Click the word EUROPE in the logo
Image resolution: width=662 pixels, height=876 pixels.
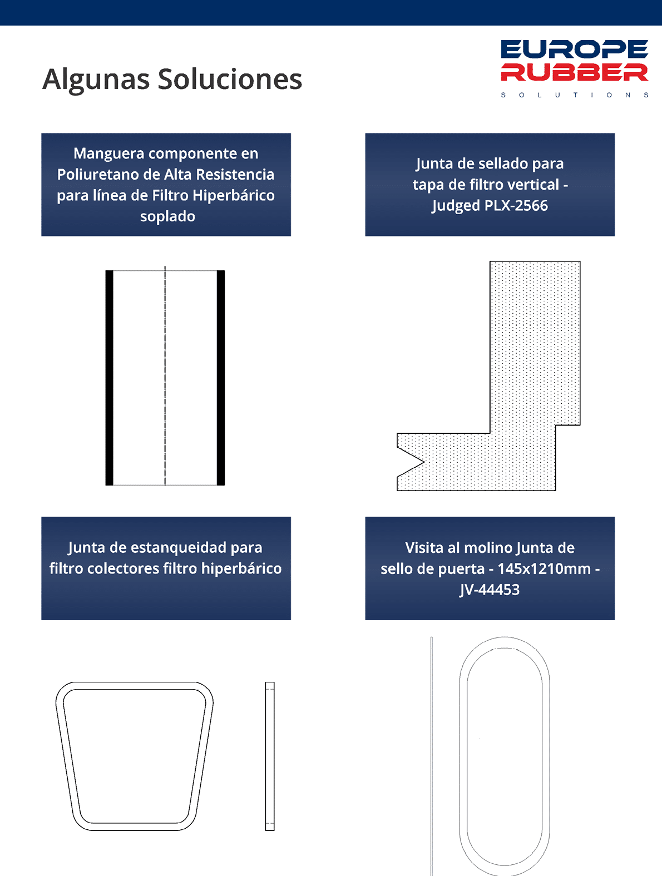pyautogui.click(x=574, y=50)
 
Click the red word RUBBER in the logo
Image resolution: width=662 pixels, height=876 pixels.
pyautogui.click(x=574, y=72)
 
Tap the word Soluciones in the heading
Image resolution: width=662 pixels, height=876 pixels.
pyautogui.click(x=230, y=79)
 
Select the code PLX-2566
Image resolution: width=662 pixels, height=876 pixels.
pyautogui.click(x=516, y=206)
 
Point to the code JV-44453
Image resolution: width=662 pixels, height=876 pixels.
pyautogui.click(x=490, y=590)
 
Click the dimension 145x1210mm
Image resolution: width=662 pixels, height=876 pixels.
pyautogui.click(x=544, y=568)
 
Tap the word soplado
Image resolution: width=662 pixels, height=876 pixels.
pyautogui.click(x=167, y=217)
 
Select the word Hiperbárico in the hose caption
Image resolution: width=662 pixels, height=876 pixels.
pyautogui.click(x=234, y=196)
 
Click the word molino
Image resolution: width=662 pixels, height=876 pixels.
pyautogui.click(x=488, y=548)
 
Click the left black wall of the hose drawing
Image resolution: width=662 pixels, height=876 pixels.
pyautogui.click(x=109, y=378)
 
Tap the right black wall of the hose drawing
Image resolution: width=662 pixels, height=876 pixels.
pyautogui.click(x=221, y=378)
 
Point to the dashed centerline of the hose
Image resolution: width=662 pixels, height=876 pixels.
pyautogui.click(x=165, y=375)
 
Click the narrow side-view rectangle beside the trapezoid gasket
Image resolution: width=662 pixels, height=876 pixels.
pyautogui.click(x=270, y=756)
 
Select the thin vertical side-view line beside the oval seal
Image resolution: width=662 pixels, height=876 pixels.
pyautogui.click(x=431, y=756)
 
